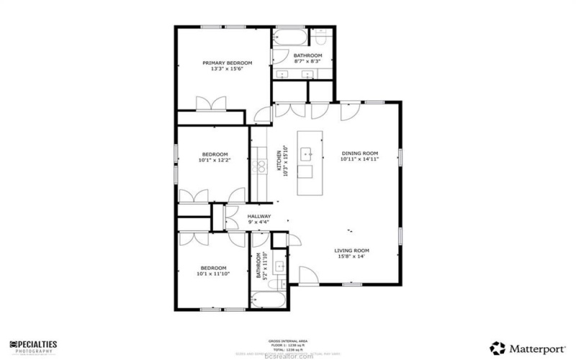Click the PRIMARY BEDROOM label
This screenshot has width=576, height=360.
click(221, 63)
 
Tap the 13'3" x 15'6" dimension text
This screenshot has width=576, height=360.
click(221, 70)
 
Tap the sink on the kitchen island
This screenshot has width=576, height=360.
click(307, 153)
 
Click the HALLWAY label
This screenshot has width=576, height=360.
click(259, 216)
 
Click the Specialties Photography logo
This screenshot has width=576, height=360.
click(34, 346)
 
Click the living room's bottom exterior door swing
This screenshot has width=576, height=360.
click(308, 274)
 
